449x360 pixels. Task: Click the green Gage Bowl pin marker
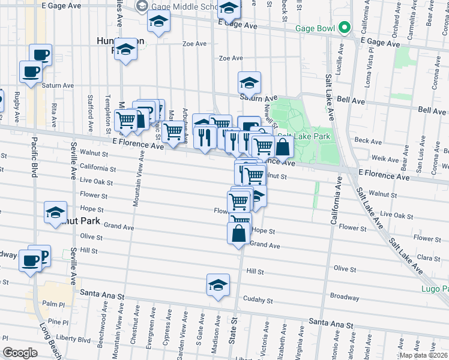(x=344, y=28)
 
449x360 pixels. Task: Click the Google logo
(x=20, y=353)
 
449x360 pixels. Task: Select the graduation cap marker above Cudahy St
(x=218, y=285)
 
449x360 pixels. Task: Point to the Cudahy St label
(x=259, y=299)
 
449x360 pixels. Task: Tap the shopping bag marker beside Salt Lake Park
(x=283, y=146)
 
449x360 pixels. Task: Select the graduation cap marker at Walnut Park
(x=56, y=212)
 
